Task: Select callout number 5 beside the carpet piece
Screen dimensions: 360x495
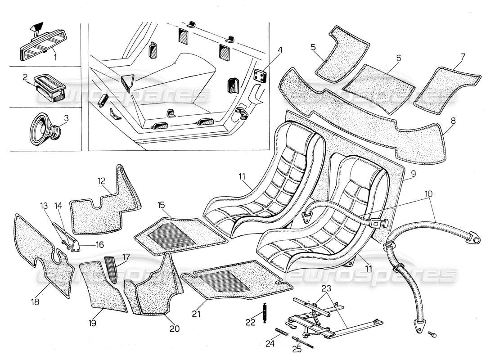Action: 313,47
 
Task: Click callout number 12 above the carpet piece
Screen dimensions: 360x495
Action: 101,182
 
